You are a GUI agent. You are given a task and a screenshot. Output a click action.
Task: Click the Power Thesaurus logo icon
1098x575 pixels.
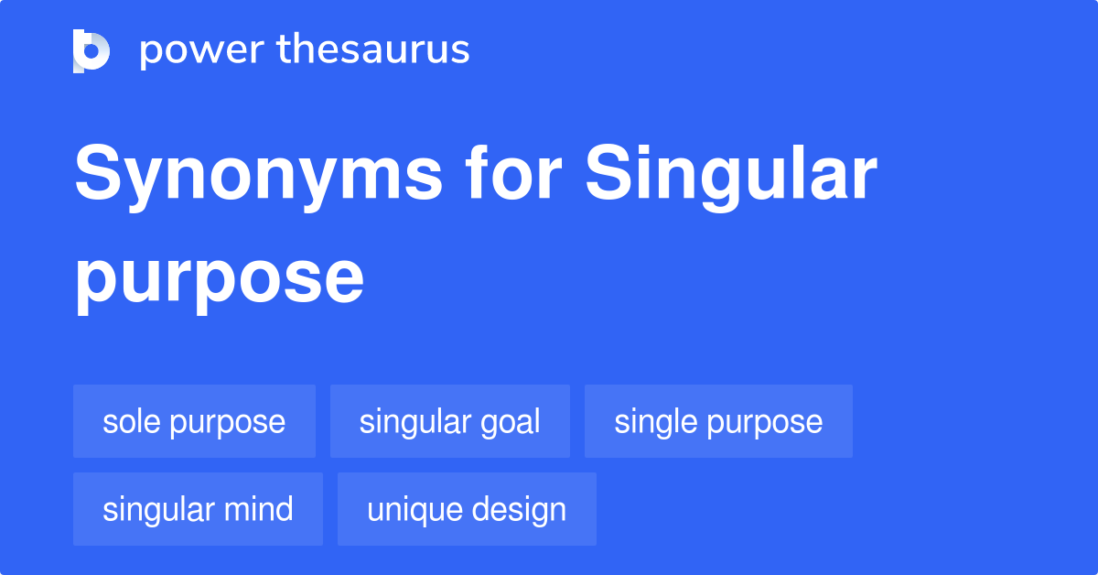91,50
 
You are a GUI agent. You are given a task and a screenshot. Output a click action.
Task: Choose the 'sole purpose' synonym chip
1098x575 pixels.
194,422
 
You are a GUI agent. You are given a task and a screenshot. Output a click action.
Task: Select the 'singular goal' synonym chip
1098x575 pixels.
449,422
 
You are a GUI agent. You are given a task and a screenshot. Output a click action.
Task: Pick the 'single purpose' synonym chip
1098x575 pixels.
718,422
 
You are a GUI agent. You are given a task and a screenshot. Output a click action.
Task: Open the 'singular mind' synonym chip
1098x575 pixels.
198,509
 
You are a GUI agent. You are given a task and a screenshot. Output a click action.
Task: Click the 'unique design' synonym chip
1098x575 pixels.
467,509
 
